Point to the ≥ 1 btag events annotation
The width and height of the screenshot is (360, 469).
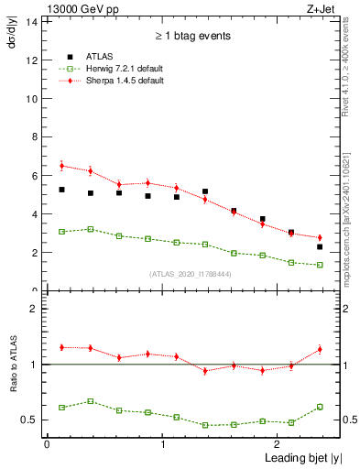(x=191, y=36)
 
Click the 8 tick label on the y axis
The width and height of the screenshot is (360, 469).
(x=33, y=137)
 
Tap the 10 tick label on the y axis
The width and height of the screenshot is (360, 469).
(x=30, y=99)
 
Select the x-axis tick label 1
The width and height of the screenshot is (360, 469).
(x=162, y=444)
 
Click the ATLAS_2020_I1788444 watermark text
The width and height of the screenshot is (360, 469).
(x=190, y=272)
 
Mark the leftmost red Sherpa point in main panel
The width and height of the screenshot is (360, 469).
(x=61, y=166)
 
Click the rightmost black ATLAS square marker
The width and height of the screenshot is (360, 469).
(x=320, y=246)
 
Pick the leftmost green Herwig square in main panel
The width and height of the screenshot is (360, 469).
(x=61, y=232)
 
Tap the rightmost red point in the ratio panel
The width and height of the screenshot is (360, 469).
(x=320, y=349)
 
